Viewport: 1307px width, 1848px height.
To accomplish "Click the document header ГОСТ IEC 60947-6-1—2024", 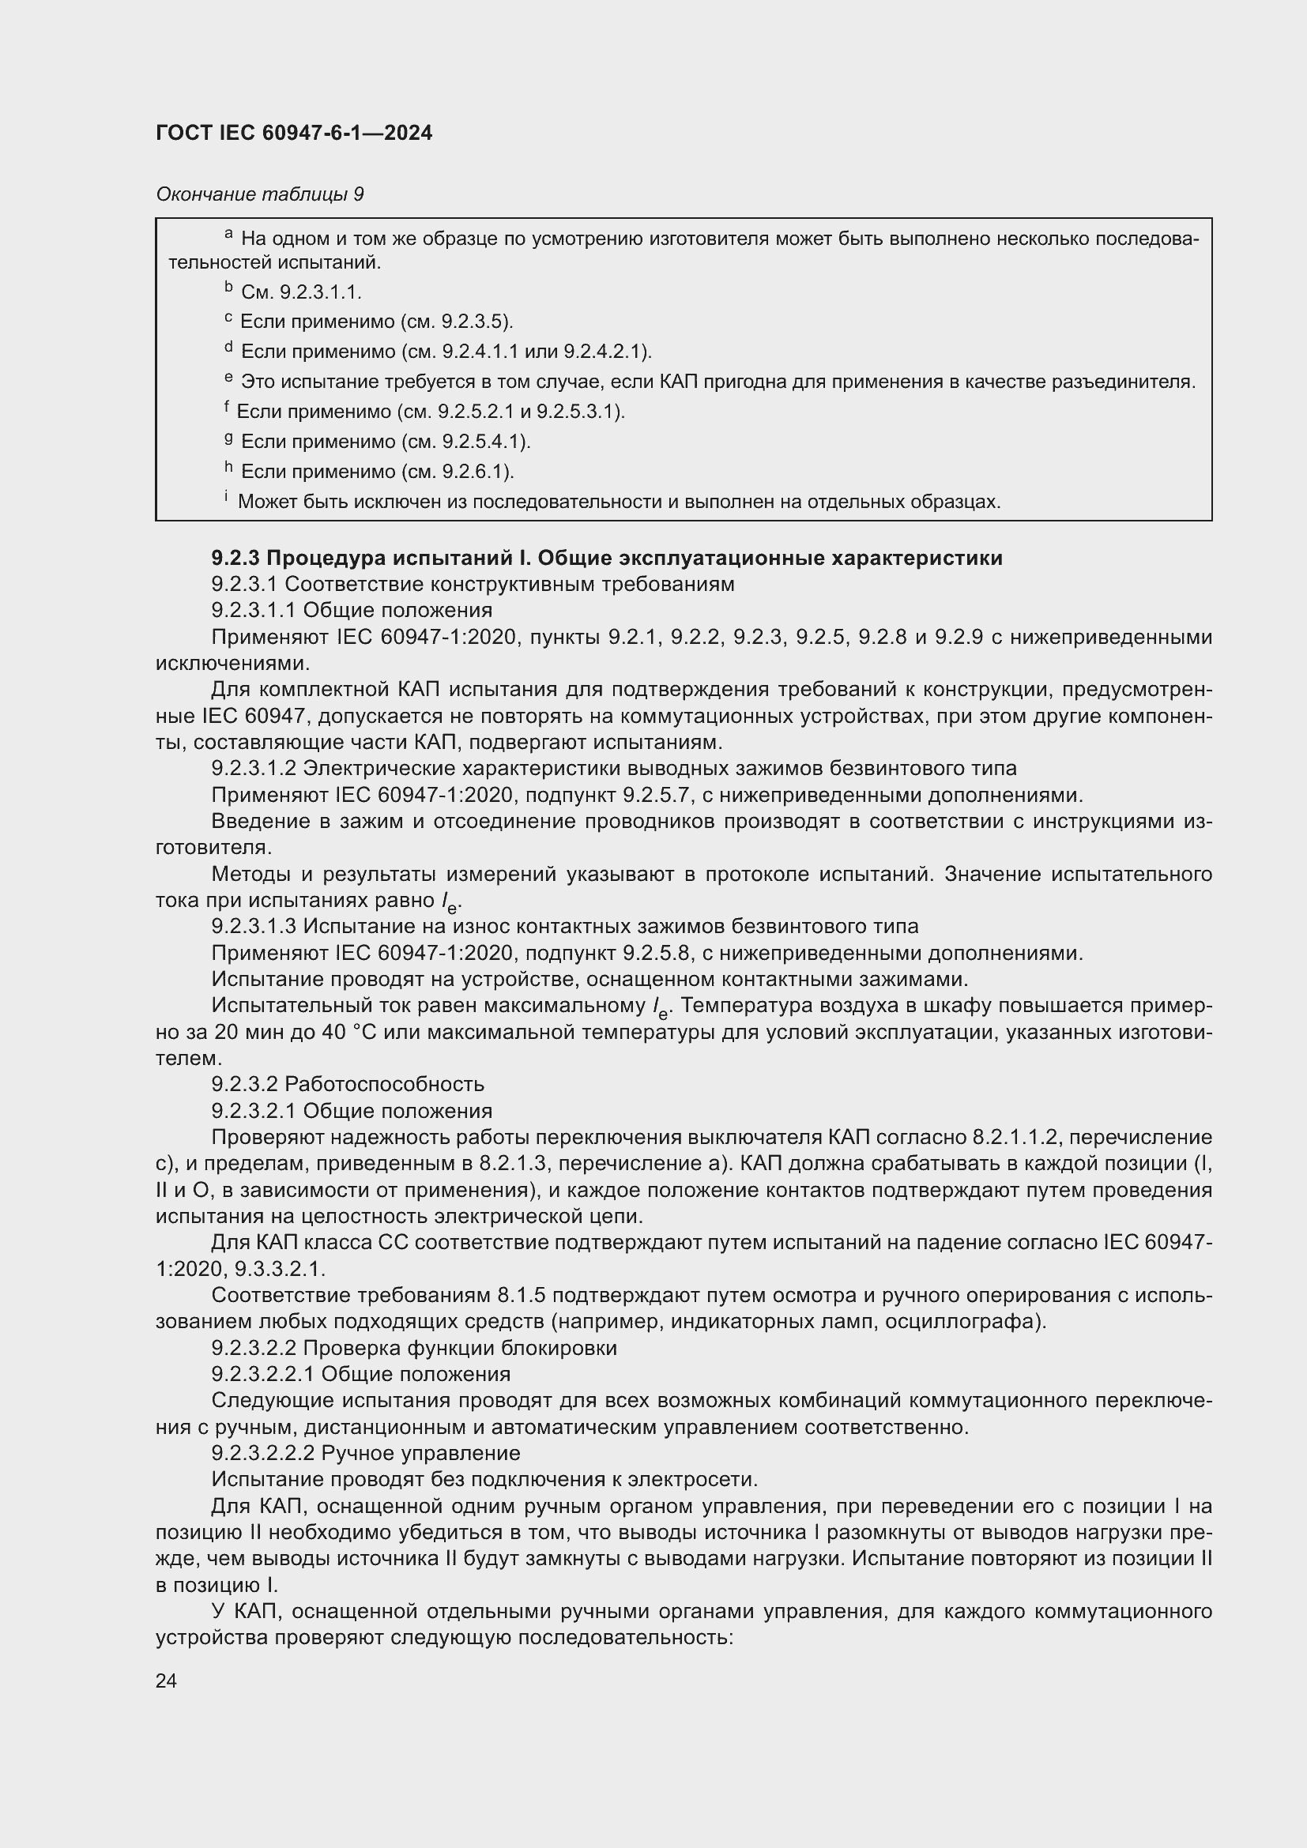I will click(x=294, y=133).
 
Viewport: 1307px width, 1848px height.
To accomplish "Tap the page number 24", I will click(x=166, y=1680).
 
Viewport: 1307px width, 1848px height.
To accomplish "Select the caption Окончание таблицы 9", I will click(x=260, y=194).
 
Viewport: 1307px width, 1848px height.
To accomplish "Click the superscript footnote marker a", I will click(x=228, y=234).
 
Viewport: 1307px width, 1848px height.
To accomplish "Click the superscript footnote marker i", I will click(x=226, y=498).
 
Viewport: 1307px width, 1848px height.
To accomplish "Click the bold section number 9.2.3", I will click(x=235, y=558).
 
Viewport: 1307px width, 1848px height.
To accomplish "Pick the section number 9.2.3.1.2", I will click(x=254, y=768).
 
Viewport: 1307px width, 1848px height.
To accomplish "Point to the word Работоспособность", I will click(x=385, y=1084).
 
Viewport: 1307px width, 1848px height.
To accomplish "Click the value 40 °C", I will click(x=350, y=1032).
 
